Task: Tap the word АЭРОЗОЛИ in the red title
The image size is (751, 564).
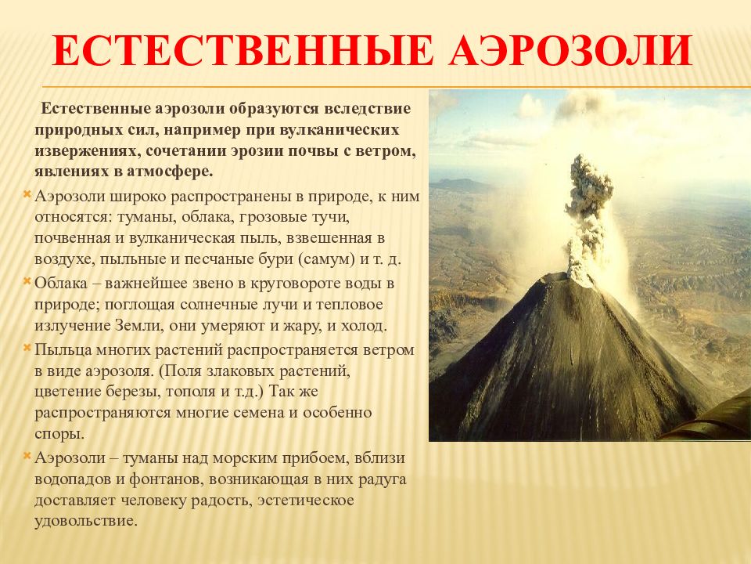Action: click(571, 50)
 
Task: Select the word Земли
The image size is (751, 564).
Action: click(136, 326)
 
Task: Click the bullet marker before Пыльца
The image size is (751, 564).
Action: click(27, 346)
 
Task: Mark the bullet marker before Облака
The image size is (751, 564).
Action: click(27, 280)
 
